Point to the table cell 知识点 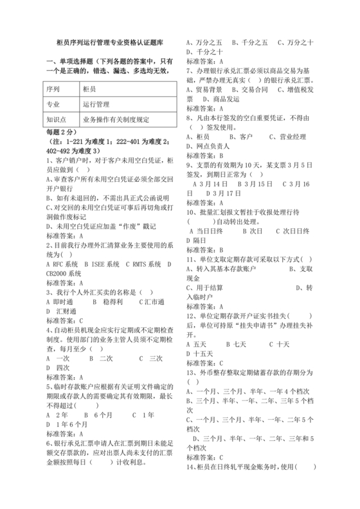pyautogui.click(x=57, y=119)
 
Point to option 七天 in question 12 pyautogui.click(x=240, y=344)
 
